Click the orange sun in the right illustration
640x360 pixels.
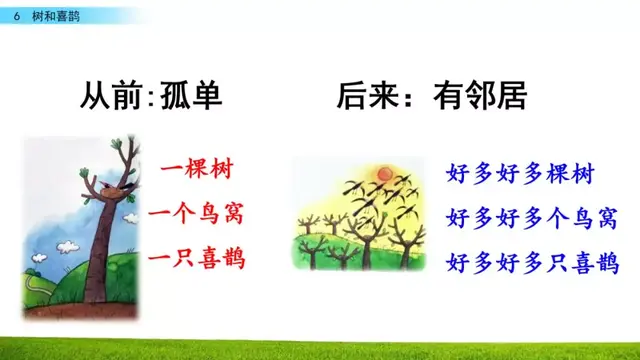click(381, 177)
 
